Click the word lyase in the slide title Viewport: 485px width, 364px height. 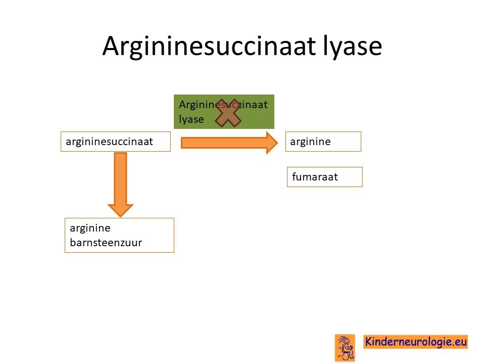pos(352,47)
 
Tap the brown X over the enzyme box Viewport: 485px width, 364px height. pos(228,113)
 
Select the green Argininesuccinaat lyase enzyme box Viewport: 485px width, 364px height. pos(224,112)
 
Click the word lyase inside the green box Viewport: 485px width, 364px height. pos(191,119)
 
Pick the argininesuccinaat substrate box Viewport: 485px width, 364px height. pos(116,142)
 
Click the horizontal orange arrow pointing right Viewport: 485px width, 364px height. pos(229,143)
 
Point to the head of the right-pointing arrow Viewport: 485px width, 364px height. pos(277,143)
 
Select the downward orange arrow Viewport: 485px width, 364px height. pos(120,185)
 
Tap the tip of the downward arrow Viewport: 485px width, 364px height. pos(120,217)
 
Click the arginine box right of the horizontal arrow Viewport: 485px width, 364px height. pos(323,142)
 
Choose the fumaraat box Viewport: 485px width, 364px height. pos(325,177)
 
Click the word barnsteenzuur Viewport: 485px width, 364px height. pos(106,242)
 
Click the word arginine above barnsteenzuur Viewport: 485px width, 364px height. pos(90,229)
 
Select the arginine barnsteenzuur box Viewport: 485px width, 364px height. pos(119,235)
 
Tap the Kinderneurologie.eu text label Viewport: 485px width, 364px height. pos(415,342)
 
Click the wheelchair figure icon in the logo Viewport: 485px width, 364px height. pos(345,348)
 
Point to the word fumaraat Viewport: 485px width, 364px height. pos(315,177)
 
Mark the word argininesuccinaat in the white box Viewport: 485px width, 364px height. pos(109,142)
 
